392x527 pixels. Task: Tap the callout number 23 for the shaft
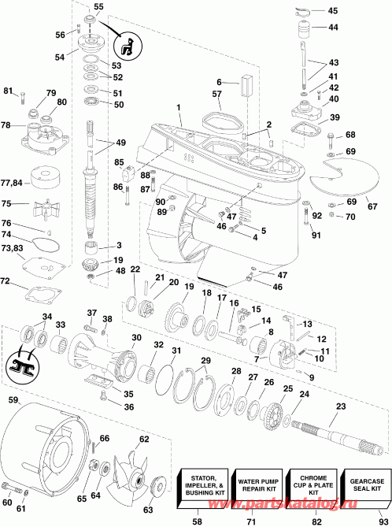340,406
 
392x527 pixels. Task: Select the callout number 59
12,400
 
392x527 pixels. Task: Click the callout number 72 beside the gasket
7,281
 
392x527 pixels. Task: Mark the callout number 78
7,126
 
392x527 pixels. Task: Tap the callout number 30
136,338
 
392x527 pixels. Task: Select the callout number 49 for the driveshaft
120,143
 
